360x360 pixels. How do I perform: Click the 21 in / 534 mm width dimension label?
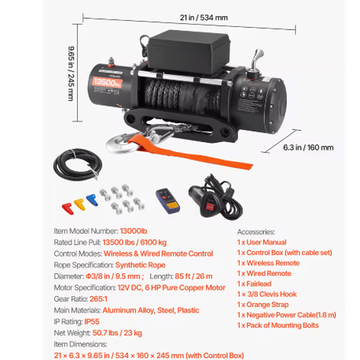coord(204,17)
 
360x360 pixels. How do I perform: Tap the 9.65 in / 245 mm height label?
coord(71,74)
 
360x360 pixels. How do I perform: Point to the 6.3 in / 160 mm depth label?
coord(308,147)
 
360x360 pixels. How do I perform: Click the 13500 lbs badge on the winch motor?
coord(107,83)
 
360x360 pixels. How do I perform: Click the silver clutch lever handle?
coord(256,60)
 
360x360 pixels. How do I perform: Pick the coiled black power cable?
coord(78,165)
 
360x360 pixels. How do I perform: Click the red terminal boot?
coord(68,209)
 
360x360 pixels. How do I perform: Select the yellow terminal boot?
coord(80,205)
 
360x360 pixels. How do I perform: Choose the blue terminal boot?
coord(92,200)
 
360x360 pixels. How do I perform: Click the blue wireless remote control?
coord(168,201)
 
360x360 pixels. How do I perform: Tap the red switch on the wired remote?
coord(210,206)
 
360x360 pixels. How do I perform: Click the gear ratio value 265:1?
coord(98,299)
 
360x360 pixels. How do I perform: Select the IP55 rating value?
coord(92,322)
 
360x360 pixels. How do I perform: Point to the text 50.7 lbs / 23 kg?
coord(118,333)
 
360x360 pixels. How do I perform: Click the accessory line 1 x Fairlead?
coord(254,283)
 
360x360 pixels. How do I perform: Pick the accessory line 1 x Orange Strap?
coord(263,305)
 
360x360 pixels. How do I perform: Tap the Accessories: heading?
coord(256,232)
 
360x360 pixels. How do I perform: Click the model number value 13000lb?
coord(134,231)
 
